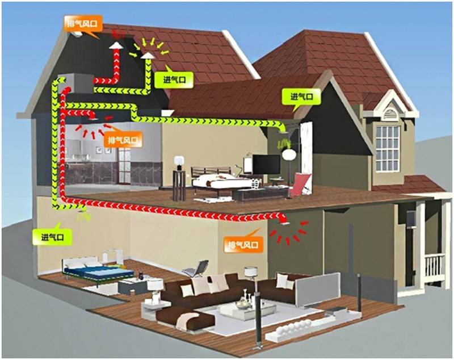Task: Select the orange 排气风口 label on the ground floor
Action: (243, 245)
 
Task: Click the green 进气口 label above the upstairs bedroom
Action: (301, 97)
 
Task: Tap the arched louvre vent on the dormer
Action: (389, 113)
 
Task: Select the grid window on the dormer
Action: (388, 147)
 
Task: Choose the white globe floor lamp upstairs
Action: (289, 155)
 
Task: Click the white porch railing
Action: (434, 267)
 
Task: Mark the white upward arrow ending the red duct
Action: (116, 45)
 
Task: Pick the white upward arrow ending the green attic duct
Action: (147, 56)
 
